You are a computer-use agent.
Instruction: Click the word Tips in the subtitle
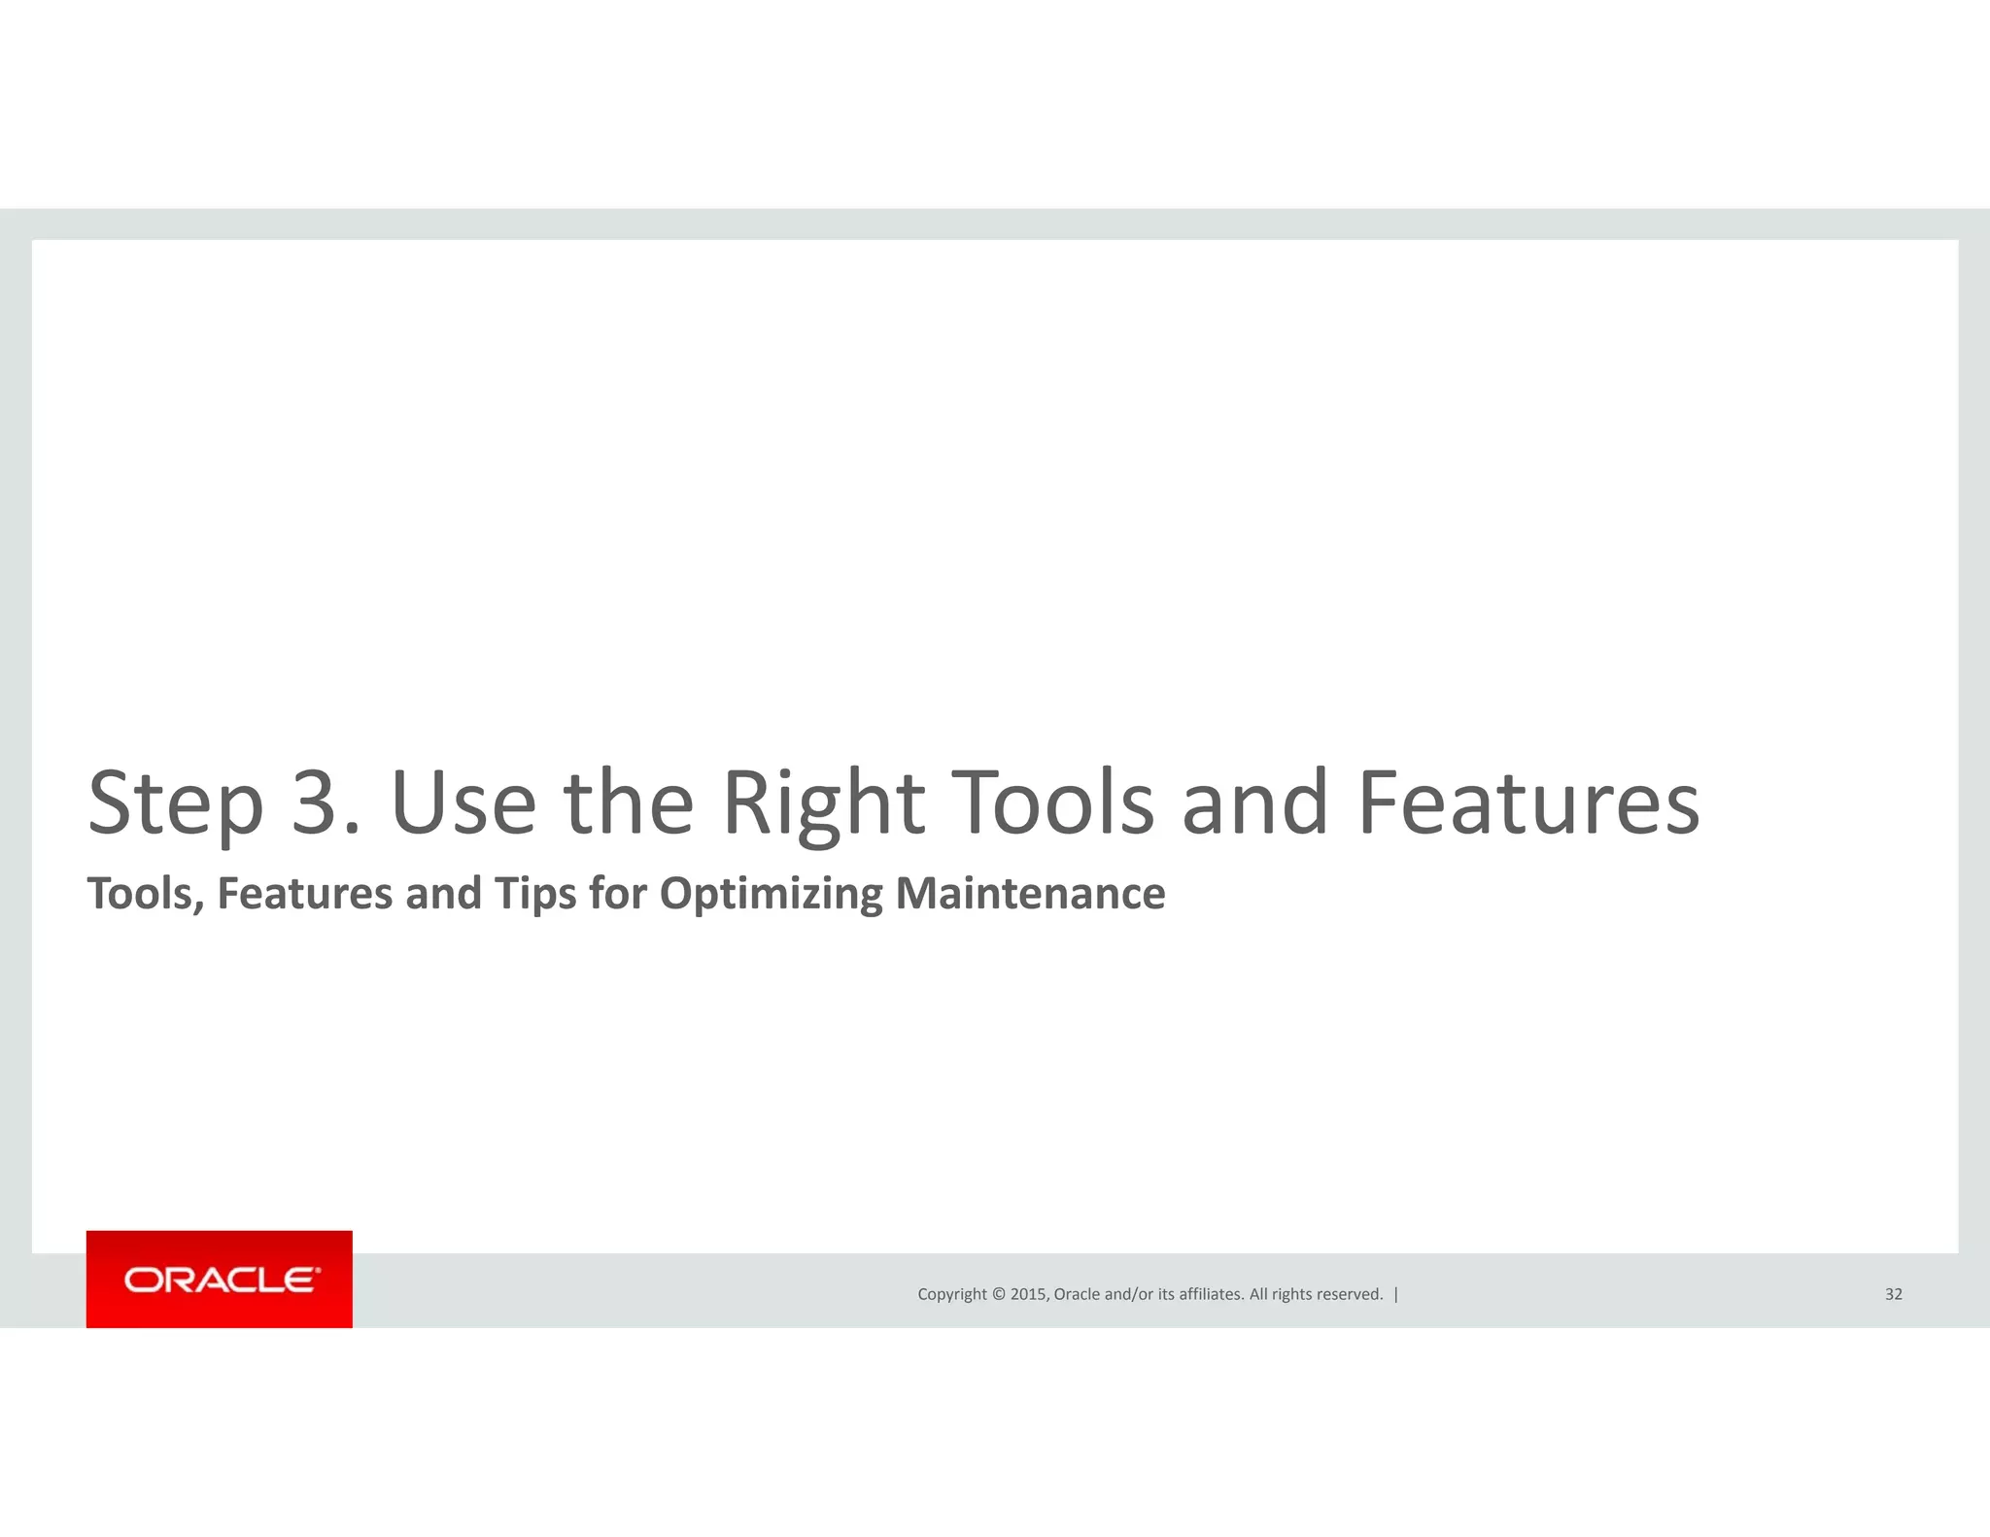tap(535, 894)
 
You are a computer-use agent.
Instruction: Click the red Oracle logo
tap(220, 1280)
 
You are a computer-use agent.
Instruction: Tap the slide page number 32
tap(1894, 1294)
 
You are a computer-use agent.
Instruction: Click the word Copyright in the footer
tap(952, 1294)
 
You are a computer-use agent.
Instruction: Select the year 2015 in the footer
tap(1029, 1294)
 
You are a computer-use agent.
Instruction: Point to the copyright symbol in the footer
tap(998, 1294)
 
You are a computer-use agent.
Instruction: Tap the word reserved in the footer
tap(1350, 1294)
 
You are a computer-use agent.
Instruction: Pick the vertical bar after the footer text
tap(1396, 1294)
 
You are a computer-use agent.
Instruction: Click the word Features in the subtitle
tap(304, 894)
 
